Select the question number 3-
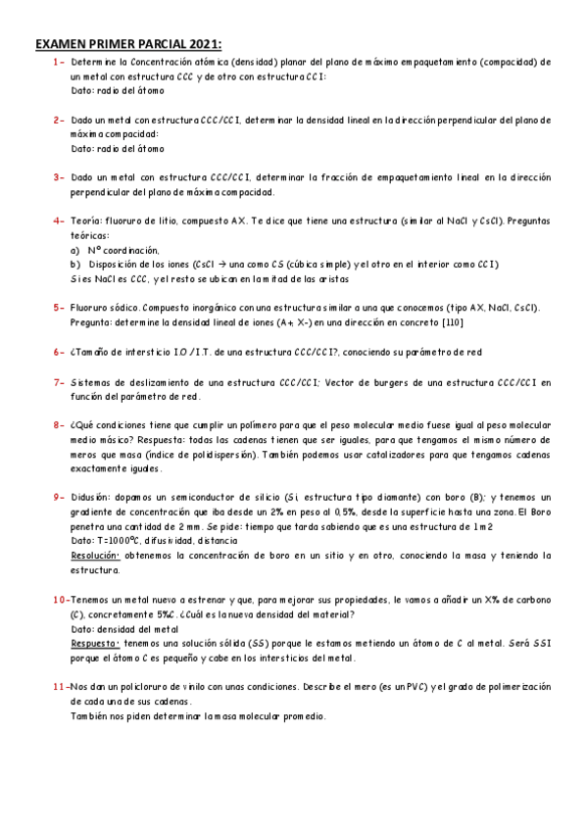click(x=59, y=177)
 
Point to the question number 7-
click(x=59, y=382)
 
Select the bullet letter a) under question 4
click(x=75, y=250)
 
